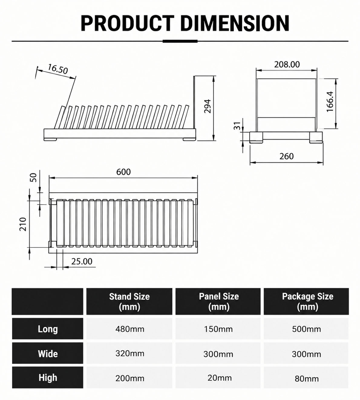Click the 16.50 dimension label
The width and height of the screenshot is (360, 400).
pyautogui.click(x=58, y=69)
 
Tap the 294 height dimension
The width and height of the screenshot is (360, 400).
pyautogui.click(x=208, y=106)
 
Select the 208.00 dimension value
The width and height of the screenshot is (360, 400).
pyautogui.click(x=287, y=64)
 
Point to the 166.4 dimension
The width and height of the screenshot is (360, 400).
pyautogui.click(x=330, y=102)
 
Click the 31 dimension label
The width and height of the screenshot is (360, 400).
pyautogui.click(x=237, y=126)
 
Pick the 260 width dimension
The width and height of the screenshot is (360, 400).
pyautogui.click(x=286, y=156)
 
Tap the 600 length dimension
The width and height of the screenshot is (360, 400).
pyautogui.click(x=123, y=172)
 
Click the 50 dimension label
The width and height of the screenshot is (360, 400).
pyautogui.click(x=34, y=178)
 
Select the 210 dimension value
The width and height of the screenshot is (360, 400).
pyautogui.click(x=23, y=224)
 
